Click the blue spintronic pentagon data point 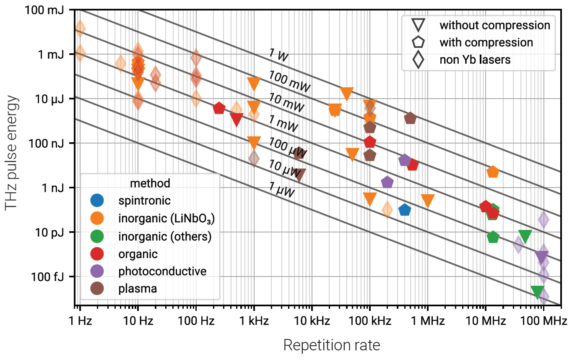405,209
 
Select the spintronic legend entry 145,200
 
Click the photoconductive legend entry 162,271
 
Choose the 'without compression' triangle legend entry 495,25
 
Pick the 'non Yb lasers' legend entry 475,60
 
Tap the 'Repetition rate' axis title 331,345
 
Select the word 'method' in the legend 150,183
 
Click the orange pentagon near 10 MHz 493,172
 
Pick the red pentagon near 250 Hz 219,108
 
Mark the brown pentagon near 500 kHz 410,118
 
